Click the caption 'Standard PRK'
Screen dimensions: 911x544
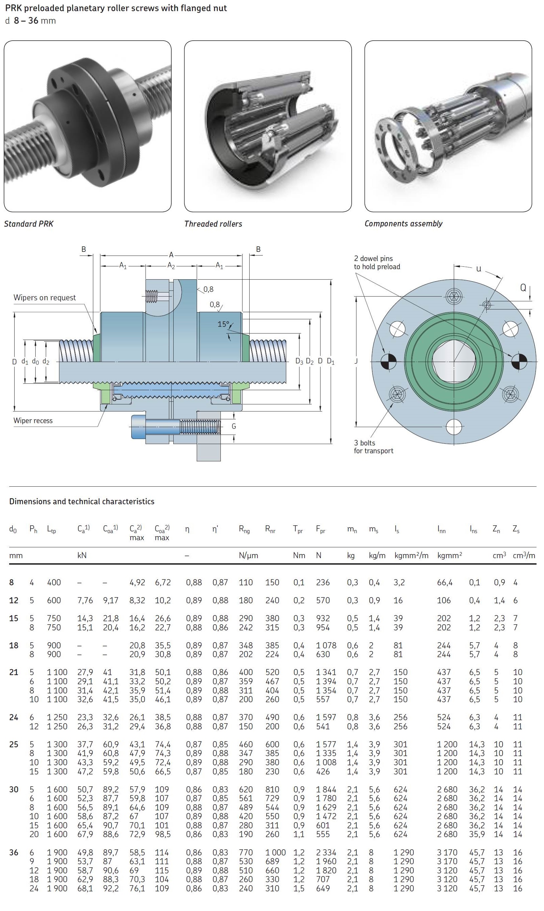(x=28, y=224)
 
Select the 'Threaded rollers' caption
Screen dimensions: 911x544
(x=213, y=224)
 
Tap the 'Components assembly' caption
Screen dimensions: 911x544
(x=403, y=223)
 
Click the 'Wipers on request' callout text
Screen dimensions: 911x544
(x=44, y=298)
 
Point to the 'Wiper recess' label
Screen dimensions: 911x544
(x=33, y=421)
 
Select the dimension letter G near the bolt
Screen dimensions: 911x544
(x=234, y=426)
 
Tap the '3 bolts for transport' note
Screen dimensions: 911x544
(x=373, y=447)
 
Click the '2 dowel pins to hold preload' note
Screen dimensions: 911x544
(x=377, y=263)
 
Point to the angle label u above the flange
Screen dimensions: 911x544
(x=479, y=269)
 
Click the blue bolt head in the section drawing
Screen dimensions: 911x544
(x=139, y=427)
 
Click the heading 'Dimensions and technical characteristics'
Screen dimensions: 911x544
(x=82, y=502)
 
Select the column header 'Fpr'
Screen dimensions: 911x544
(x=320, y=529)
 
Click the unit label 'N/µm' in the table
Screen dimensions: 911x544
(x=248, y=555)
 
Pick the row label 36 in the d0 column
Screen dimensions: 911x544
(x=14, y=852)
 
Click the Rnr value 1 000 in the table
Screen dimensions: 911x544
(x=275, y=852)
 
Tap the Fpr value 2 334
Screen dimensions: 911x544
(x=326, y=852)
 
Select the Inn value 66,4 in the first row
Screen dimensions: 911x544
(x=444, y=583)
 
